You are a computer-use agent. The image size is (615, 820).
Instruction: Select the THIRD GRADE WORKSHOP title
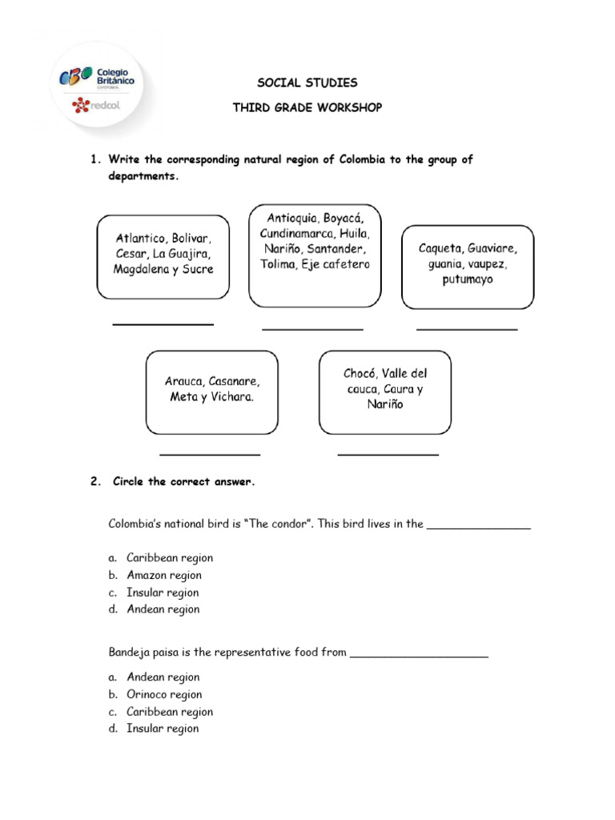tap(307, 108)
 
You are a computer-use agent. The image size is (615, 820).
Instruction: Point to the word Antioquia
tap(292, 218)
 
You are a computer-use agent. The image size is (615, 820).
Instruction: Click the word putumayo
tap(468, 279)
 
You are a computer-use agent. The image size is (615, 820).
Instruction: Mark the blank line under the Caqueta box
tap(467, 329)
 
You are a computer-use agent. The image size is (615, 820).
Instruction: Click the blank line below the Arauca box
tap(210, 455)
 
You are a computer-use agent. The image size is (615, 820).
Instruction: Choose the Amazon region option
tap(163, 575)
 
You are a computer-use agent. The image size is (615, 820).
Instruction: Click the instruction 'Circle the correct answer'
tap(183, 481)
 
